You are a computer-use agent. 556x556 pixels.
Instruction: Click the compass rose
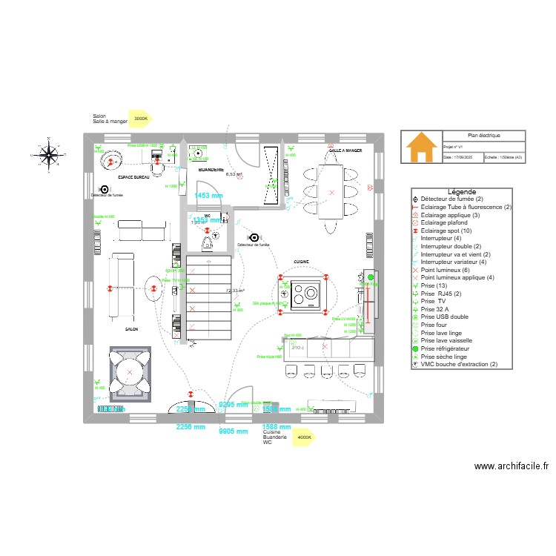(49, 155)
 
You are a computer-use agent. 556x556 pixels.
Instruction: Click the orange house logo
(421, 148)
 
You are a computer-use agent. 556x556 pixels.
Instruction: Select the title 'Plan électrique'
(483, 136)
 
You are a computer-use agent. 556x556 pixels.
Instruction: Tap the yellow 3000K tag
(140, 119)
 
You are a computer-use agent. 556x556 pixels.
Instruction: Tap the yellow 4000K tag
(304, 437)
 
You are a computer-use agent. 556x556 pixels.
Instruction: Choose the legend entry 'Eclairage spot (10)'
(449, 231)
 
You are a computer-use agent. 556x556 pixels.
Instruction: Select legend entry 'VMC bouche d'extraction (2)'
(458, 364)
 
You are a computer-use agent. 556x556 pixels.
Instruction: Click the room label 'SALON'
(133, 328)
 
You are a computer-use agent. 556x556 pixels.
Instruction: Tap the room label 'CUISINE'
(301, 262)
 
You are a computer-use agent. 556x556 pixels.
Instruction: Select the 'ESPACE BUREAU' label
(135, 179)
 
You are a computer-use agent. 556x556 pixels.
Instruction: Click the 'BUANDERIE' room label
(211, 170)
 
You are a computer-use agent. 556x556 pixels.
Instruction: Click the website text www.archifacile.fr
(511, 466)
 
